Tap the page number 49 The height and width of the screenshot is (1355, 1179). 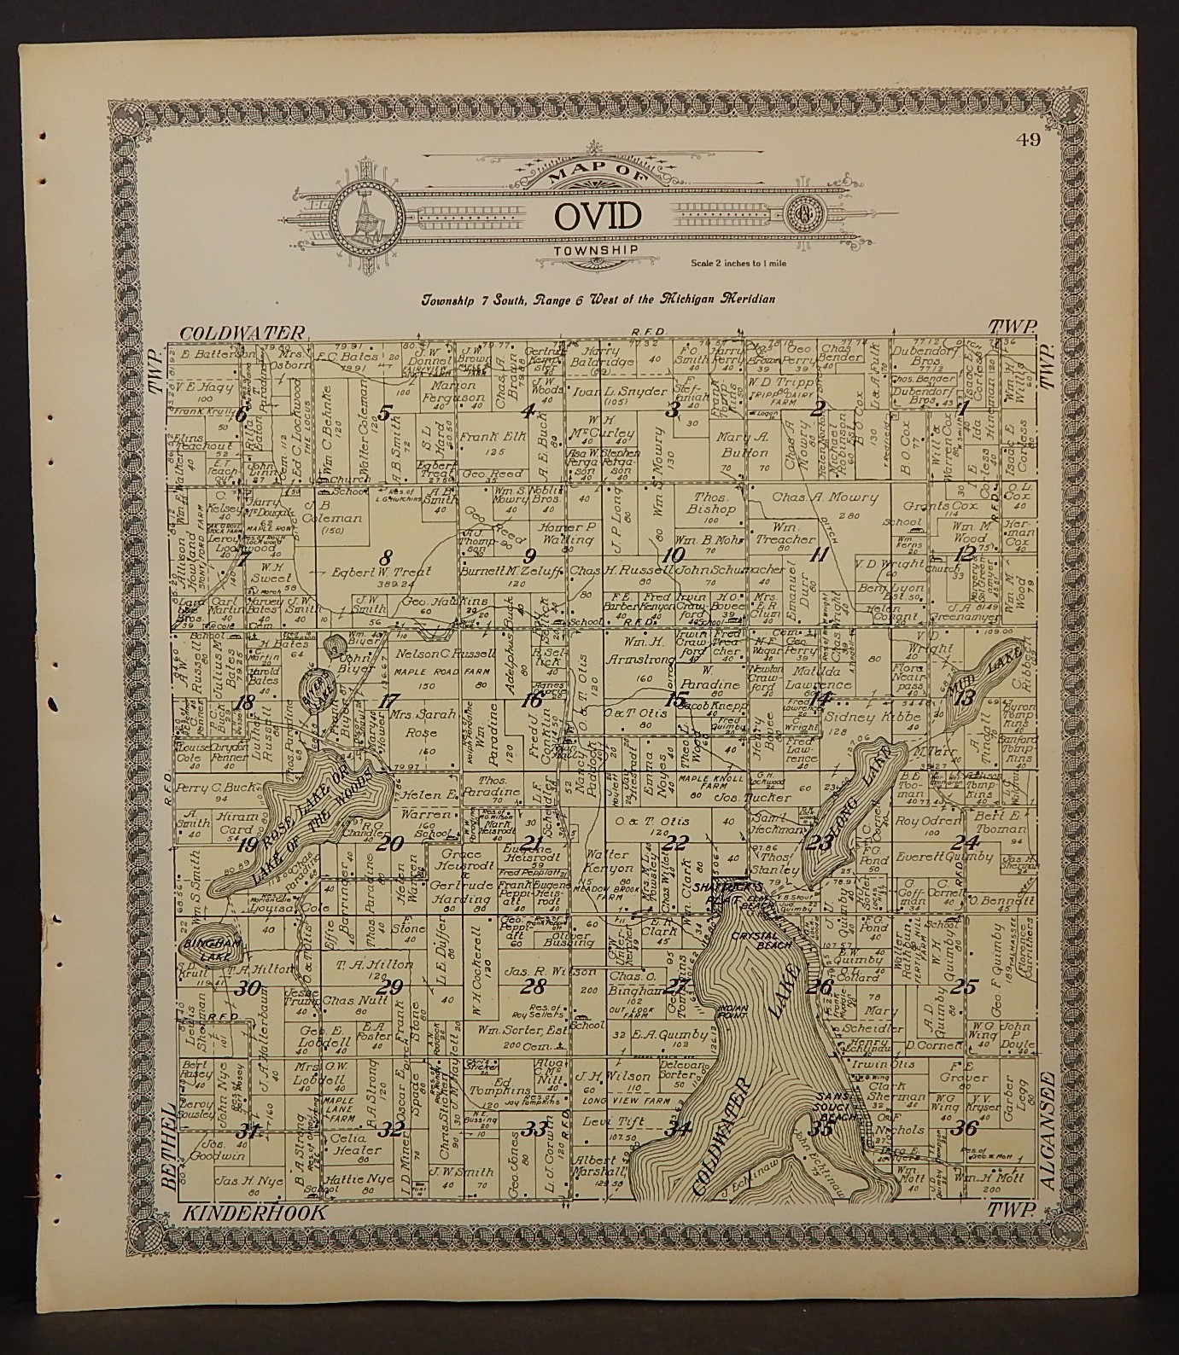pyautogui.click(x=1029, y=142)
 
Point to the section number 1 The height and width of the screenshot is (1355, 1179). pyautogui.click(x=964, y=408)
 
